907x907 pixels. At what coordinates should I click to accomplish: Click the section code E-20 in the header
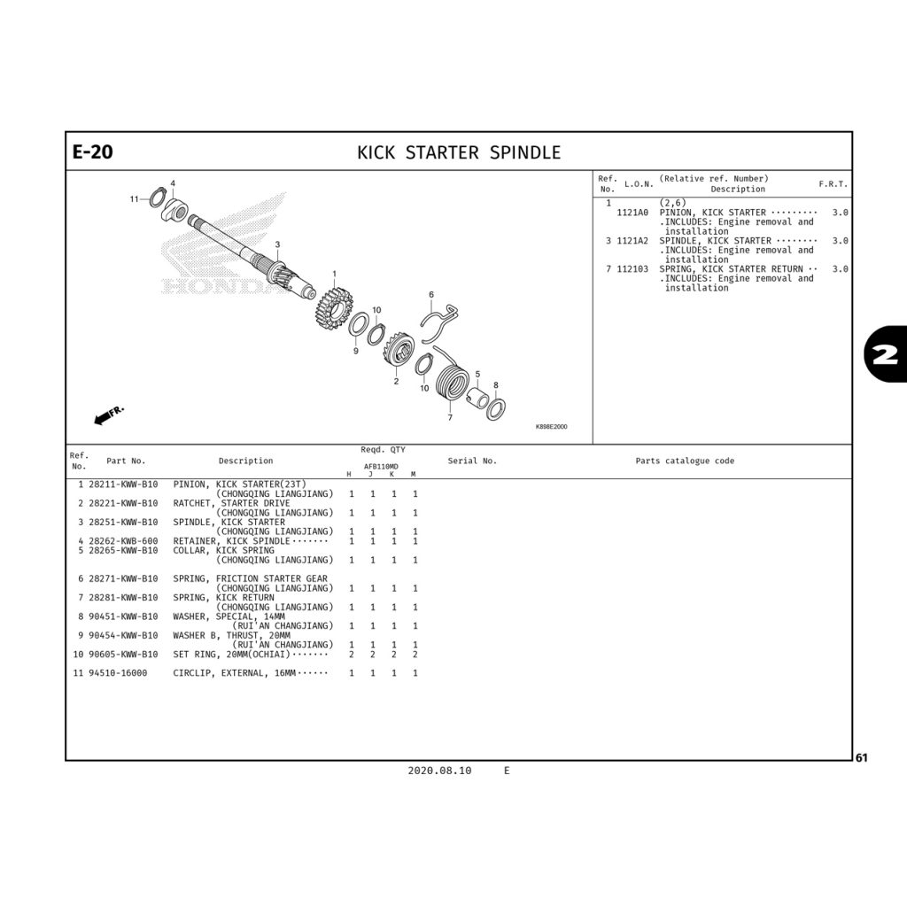tap(92, 152)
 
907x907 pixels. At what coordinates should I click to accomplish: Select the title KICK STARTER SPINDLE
tap(458, 152)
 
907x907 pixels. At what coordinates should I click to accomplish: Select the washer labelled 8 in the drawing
tap(496, 408)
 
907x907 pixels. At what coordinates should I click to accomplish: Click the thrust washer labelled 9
tap(359, 324)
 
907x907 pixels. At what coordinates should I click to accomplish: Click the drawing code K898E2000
tap(551, 427)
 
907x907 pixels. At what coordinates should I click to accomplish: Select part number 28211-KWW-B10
tap(123, 484)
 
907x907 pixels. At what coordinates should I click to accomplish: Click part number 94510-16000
tap(118, 673)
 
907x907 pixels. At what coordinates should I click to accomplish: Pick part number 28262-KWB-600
tap(123, 541)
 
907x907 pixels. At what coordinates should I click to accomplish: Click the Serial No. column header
tap(472, 461)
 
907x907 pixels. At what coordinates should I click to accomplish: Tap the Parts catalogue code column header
tap(684, 461)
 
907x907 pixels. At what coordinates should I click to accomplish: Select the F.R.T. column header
tap(833, 184)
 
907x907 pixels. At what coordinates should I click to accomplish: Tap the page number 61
tap(862, 757)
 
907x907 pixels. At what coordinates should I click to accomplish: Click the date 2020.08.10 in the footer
tap(439, 771)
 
